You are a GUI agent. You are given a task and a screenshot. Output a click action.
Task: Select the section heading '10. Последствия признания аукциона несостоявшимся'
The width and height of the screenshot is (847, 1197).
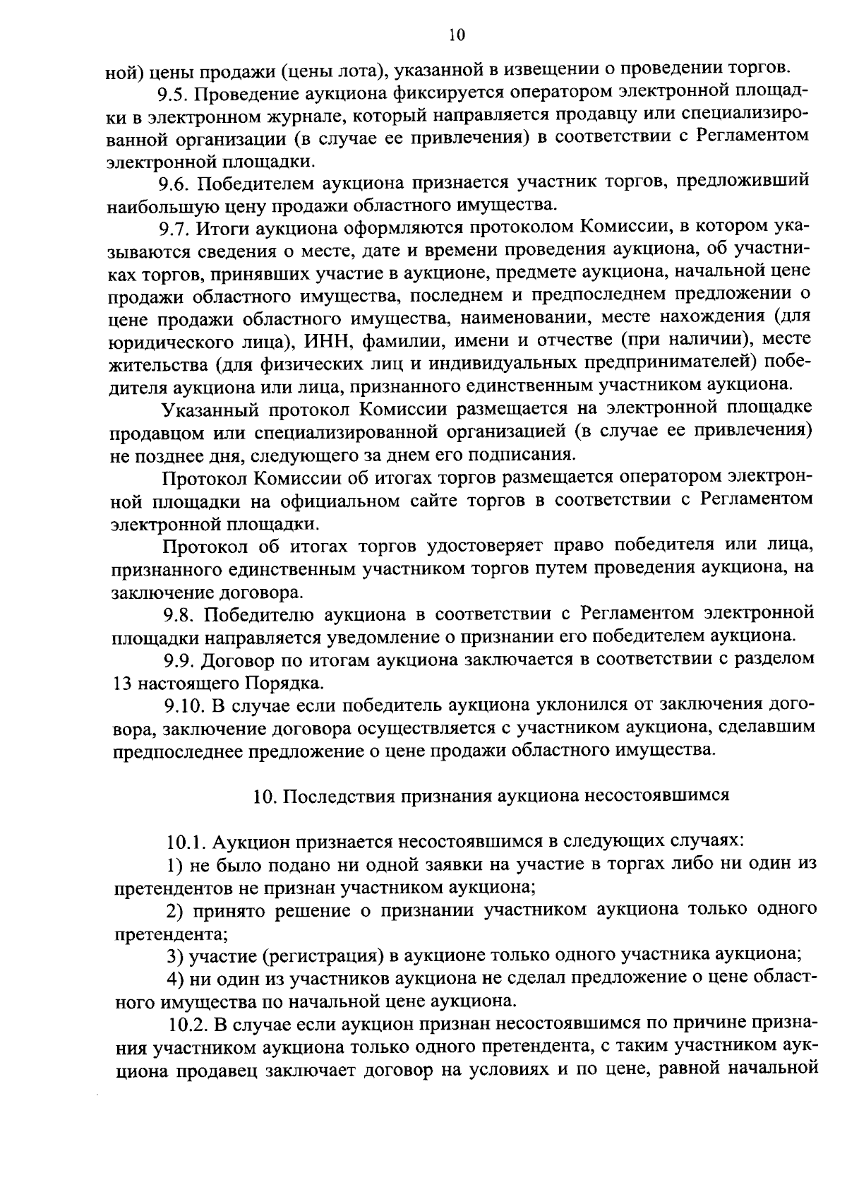(491, 795)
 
